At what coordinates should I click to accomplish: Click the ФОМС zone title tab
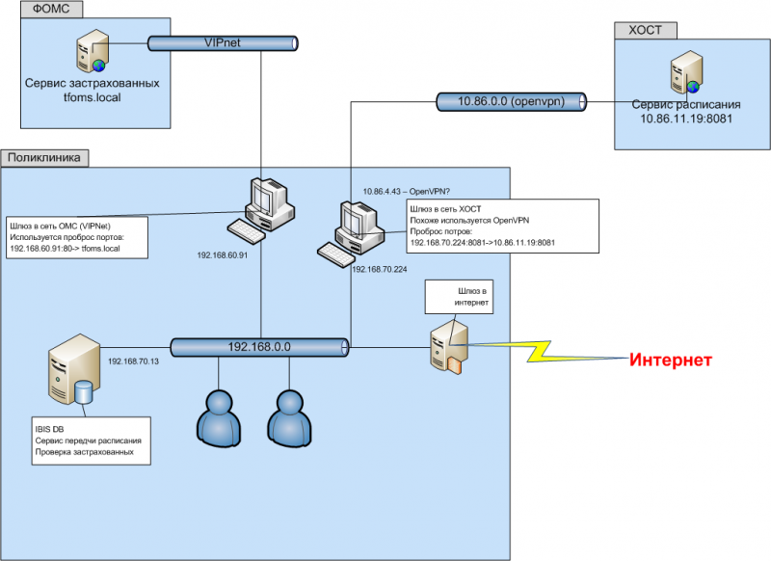tap(50, 10)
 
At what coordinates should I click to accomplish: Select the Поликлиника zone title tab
tap(45, 156)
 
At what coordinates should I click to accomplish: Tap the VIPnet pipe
tap(223, 42)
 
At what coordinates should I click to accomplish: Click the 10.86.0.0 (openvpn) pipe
tap(512, 100)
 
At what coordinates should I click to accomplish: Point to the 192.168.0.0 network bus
tap(259, 346)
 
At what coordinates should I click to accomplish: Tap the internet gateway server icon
tap(451, 345)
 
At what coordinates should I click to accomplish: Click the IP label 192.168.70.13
tap(135, 361)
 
